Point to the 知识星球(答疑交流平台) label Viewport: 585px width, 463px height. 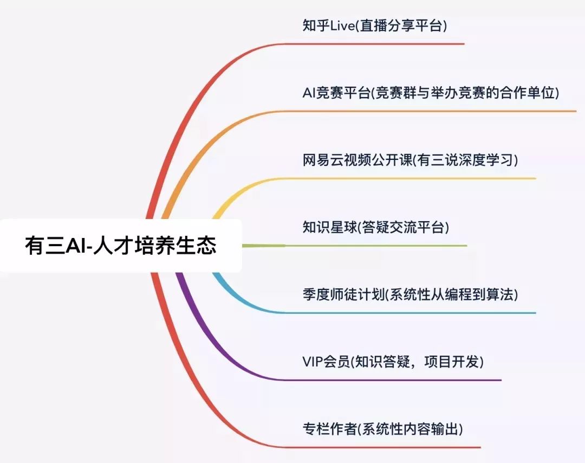(x=376, y=227)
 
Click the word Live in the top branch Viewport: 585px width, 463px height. (x=342, y=26)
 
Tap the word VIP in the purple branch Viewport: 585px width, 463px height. (x=313, y=362)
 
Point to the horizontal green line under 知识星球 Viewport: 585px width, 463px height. (x=374, y=246)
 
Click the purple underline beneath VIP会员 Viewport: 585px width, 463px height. (x=390, y=380)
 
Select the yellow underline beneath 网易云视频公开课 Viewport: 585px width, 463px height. (x=406, y=178)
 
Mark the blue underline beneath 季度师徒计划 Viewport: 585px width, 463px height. (x=406, y=313)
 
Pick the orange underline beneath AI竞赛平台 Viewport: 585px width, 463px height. (x=433, y=111)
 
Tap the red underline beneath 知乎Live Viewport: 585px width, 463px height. (x=379, y=44)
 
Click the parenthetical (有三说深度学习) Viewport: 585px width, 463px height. (x=466, y=160)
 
